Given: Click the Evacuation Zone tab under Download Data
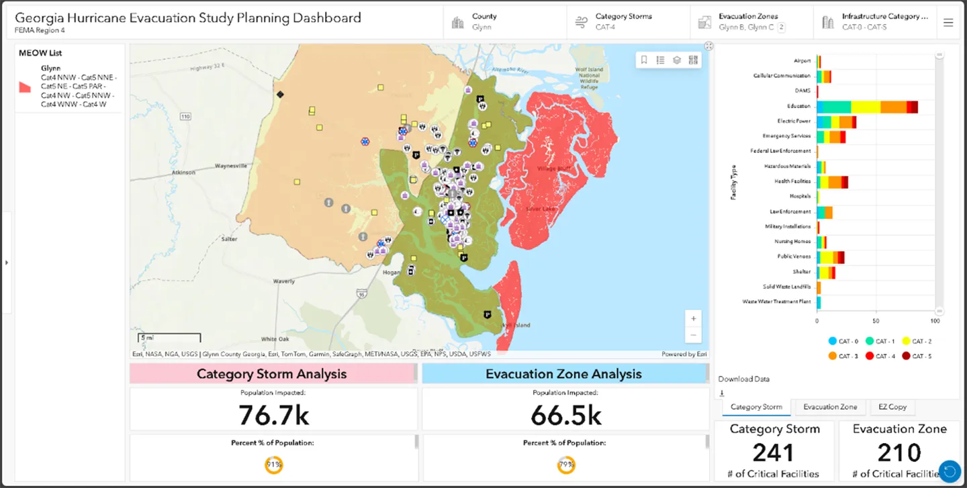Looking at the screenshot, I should click(830, 407).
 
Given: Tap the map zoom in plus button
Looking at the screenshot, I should click(693, 318).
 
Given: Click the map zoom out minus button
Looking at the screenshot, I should click(693, 334).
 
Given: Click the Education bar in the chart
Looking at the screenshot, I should click(866, 107).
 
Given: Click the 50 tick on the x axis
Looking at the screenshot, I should click(876, 322).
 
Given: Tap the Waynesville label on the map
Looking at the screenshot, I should click(231, 165).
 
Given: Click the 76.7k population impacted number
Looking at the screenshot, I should click(273, 416).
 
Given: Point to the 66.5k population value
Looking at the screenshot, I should click(565, 416).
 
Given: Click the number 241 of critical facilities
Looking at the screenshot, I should click(774, 453).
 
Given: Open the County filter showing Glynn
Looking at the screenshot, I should click(504, 21).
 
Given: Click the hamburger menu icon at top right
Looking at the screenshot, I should click(948, 22).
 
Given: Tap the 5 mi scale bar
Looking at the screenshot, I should click(169, 338).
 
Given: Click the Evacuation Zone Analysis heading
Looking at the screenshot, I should click(563, 374).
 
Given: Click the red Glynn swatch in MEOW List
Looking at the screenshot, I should click(25, 87).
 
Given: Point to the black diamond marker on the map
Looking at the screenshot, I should click(280, 95).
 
